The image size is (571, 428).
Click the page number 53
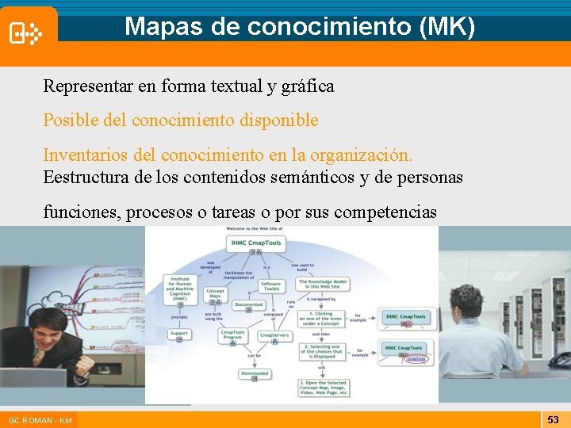[553, 419]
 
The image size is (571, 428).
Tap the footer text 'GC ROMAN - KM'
[40, 420]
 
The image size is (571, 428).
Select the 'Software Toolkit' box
[270, 286]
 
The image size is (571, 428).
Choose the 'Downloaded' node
[255, 374]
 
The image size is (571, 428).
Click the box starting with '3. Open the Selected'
[324, 388]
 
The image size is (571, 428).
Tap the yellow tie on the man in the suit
[37, 357]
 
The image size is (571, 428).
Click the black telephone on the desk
[558, 361]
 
